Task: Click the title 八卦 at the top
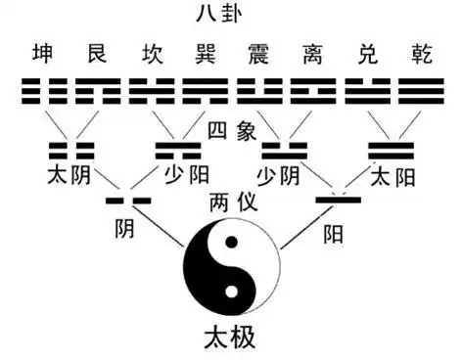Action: [x=231, y=15]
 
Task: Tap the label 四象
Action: [x=232, y=130]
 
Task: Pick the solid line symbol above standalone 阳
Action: [x=338, y=200]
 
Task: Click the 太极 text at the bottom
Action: [x=232, y=338]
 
